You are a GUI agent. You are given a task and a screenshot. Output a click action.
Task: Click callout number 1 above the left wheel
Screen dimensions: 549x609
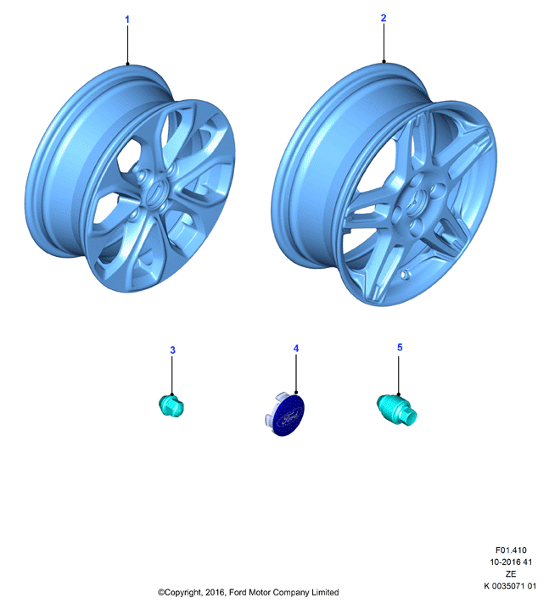click(127, 19)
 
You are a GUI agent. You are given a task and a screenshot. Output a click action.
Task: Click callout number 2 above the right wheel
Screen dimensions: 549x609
click(384, 18)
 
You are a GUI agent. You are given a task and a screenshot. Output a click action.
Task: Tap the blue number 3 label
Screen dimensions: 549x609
click(172, 350)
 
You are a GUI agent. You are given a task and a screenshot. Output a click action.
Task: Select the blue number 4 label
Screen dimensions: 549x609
click(296, 349)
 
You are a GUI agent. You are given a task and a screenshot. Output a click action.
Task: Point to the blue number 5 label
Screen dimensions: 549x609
click(400, 347)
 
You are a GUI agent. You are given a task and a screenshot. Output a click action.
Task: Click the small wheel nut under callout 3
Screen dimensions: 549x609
click(171, 406)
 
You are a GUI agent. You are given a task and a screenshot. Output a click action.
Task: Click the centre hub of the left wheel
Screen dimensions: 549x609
click(155, 193)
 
